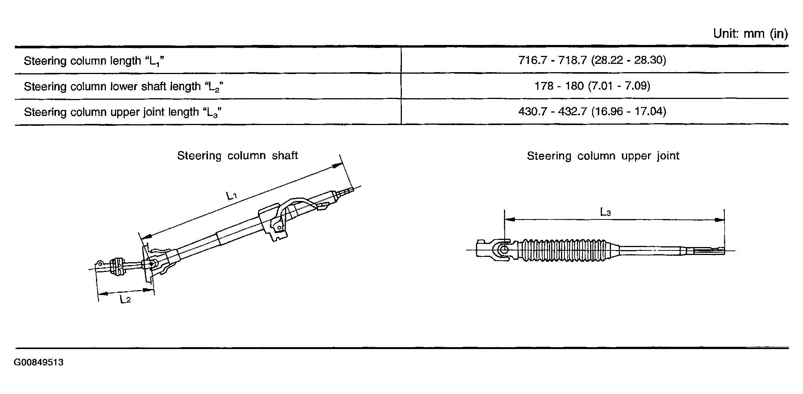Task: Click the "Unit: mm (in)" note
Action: point(750,34)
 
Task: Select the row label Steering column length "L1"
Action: point(94,61)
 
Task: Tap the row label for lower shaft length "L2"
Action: point(124,87)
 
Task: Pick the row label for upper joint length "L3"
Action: point(122,112)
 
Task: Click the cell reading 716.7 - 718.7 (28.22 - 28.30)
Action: point(592,60)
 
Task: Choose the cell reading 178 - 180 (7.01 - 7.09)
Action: point(592,86)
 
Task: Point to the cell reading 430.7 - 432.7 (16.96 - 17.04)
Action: point(592,111)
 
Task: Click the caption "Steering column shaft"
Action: point(237,156)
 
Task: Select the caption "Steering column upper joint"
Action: point(603,156)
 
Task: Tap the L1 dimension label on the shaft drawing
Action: point(231,196)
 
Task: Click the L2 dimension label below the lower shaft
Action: point(126,300)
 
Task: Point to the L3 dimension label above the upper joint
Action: point(606,212)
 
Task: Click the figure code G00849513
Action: point(39,363)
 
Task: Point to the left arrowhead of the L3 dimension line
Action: point(510,219)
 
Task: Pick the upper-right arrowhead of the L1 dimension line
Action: point(336,165)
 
